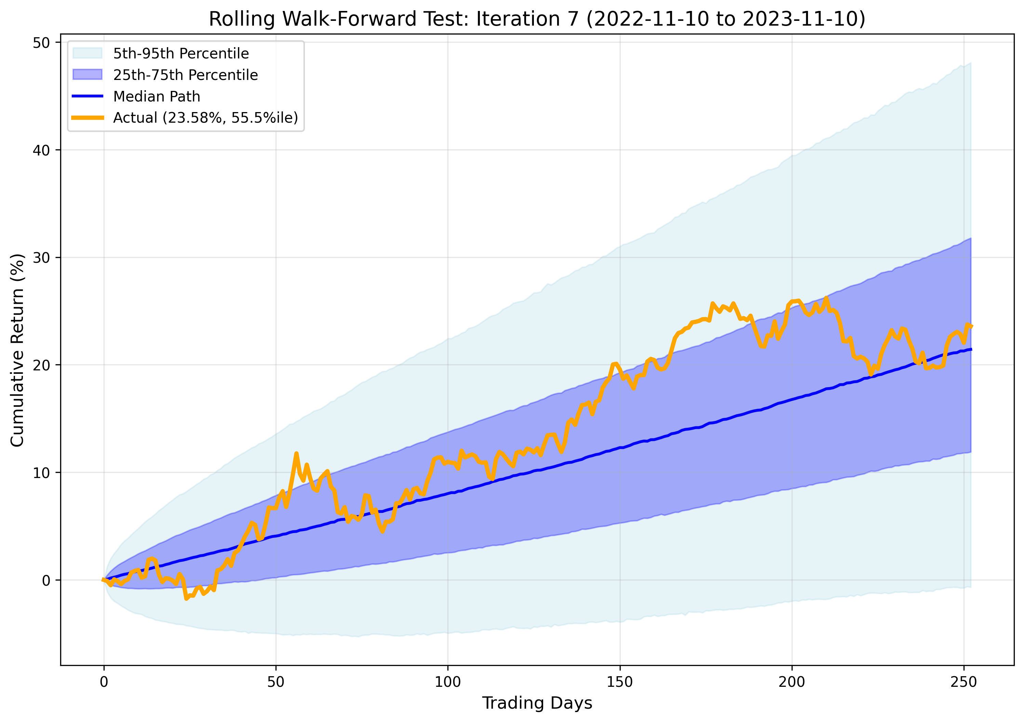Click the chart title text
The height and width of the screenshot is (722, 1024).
537,19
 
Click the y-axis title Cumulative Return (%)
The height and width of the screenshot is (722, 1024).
17,350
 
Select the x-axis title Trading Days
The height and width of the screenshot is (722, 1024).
537,703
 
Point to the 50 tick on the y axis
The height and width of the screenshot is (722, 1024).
41,43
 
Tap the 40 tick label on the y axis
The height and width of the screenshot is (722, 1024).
41,150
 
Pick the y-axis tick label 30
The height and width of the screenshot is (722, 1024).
41,258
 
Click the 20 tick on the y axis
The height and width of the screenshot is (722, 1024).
41,365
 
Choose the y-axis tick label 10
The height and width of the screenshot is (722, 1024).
41,473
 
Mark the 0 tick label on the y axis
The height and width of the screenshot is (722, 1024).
46,581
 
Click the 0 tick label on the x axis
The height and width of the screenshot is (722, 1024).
104,682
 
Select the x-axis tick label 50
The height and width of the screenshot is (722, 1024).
275,682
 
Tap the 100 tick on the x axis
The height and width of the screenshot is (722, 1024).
448,682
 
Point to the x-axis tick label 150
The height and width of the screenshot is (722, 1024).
620,682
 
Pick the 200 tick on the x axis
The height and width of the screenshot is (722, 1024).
792,682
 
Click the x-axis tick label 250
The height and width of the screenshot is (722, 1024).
964,682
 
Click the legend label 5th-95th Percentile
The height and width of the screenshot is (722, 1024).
180,54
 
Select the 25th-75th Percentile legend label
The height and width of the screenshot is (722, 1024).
185,75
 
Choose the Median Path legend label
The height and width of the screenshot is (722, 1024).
157,96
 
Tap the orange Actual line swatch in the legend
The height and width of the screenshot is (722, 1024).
87,118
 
